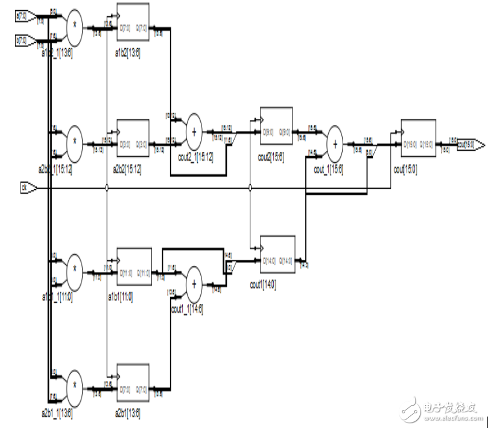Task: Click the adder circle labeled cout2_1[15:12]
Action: [194, 131]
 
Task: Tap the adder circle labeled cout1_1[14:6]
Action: [194, 285]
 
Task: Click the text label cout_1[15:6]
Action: [328, 170]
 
